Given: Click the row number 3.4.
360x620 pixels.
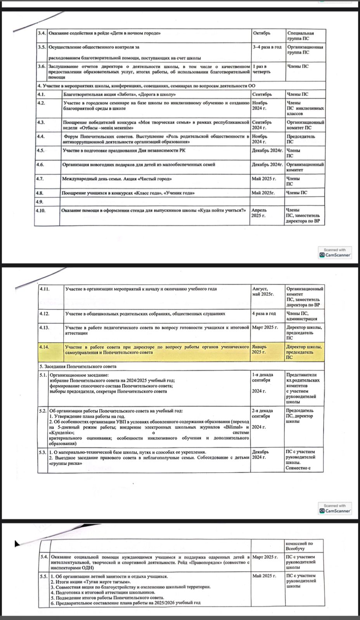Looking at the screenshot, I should (42, 33).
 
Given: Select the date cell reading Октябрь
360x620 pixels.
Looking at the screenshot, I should (261, 33).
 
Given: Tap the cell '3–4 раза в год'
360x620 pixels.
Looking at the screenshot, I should (267, 47).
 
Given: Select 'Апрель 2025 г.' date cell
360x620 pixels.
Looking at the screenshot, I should (259, 213).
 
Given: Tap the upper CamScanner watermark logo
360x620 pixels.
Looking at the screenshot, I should (335, 252).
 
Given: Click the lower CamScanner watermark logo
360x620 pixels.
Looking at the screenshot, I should (335, 508).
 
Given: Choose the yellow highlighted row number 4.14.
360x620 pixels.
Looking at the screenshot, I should (44, 347).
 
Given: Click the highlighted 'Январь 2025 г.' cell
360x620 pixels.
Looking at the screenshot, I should (259, 349).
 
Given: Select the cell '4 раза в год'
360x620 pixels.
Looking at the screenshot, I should (264, 314).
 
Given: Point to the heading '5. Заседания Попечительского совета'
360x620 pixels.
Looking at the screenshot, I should (78, 366).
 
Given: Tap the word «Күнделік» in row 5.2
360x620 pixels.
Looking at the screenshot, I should (61, 433).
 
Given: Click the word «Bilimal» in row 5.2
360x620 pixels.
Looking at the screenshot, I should (233, 427).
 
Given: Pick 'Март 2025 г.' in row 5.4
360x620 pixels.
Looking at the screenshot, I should (265, 557).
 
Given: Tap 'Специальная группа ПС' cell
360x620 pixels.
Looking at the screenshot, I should (300, 36).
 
